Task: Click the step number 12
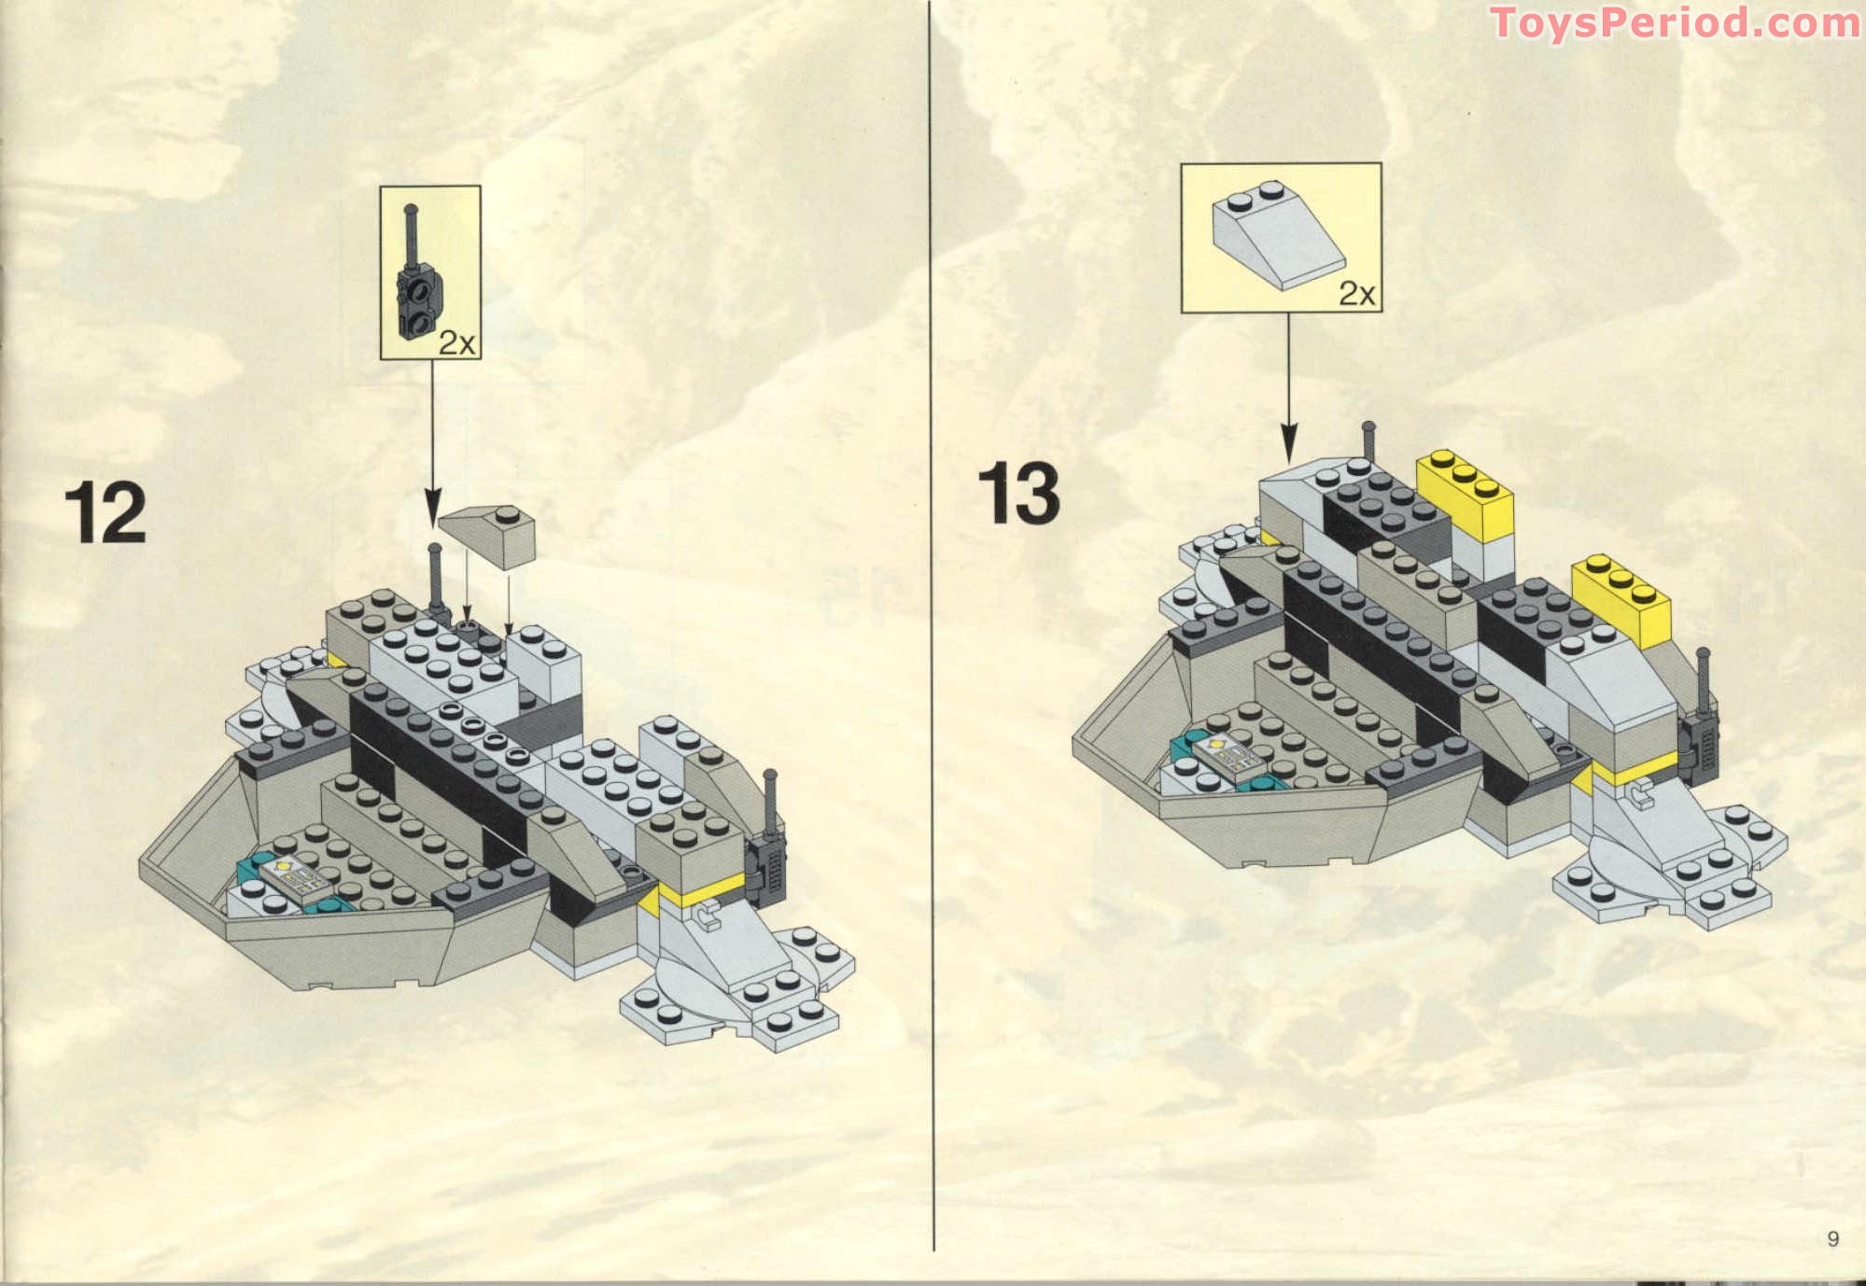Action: click(x=105, y=514)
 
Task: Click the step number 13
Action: click(x=1018, y=495)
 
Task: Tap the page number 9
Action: click(x=1832, y=1238)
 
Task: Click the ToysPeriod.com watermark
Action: click(x=1675, y=22)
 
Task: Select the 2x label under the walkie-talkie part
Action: click(x=456, y=342)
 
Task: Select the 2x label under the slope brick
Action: click(x=1356, y=293)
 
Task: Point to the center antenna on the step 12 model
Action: click(x=435, y=579)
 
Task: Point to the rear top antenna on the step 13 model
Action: click(x=1369, y=443)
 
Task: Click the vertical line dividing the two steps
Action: click(x=933, y=653)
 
